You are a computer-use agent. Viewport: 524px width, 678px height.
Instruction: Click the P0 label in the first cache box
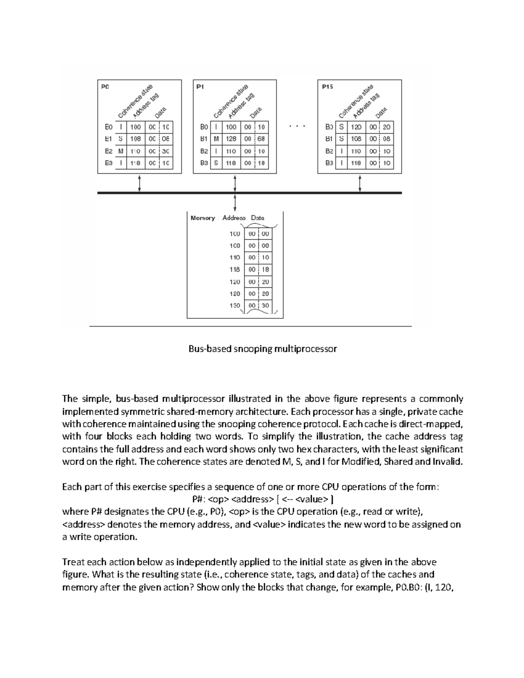(x=105, y=86)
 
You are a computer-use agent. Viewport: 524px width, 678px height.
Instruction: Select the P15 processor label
(x=327, y=86)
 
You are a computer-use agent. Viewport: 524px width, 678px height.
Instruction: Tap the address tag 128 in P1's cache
(x=231, y=139)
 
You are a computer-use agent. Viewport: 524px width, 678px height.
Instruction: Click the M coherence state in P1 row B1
(x=216, y=139)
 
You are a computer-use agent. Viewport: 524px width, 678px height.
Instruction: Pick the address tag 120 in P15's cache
(x=356, y=127)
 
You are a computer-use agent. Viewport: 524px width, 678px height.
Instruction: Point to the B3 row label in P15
(x=329, y=163)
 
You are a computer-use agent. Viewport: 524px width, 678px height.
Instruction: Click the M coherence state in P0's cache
(x=121, y=151)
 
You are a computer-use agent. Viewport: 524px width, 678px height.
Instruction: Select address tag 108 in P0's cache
(x=135, y=139)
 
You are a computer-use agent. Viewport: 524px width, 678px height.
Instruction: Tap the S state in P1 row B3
(x=216, y=163)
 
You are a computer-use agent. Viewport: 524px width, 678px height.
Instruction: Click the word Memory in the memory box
(x=203, y=218)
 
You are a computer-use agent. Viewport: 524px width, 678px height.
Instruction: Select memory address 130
(x=235, y=306)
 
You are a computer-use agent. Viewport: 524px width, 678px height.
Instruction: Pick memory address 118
(x=235, y=269)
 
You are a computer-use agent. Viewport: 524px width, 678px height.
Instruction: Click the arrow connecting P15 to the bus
(x=360, y=183)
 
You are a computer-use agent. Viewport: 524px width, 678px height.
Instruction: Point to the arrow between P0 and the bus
(x=139, y=183)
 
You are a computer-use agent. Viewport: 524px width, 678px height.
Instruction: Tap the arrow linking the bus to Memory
(x=235, y=203)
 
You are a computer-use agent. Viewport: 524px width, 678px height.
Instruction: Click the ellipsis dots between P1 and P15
(x=297, y=127)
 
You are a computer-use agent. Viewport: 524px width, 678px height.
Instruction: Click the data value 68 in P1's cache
(x=261, y=139)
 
